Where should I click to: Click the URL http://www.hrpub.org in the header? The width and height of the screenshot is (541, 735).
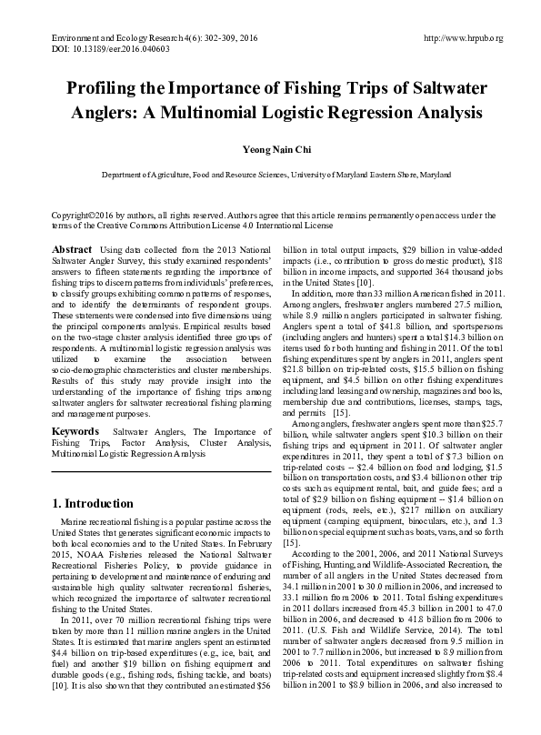click(463, 39)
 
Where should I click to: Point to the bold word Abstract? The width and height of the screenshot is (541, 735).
click(72, 249)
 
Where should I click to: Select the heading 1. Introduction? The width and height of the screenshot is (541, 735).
click(94, 503)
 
